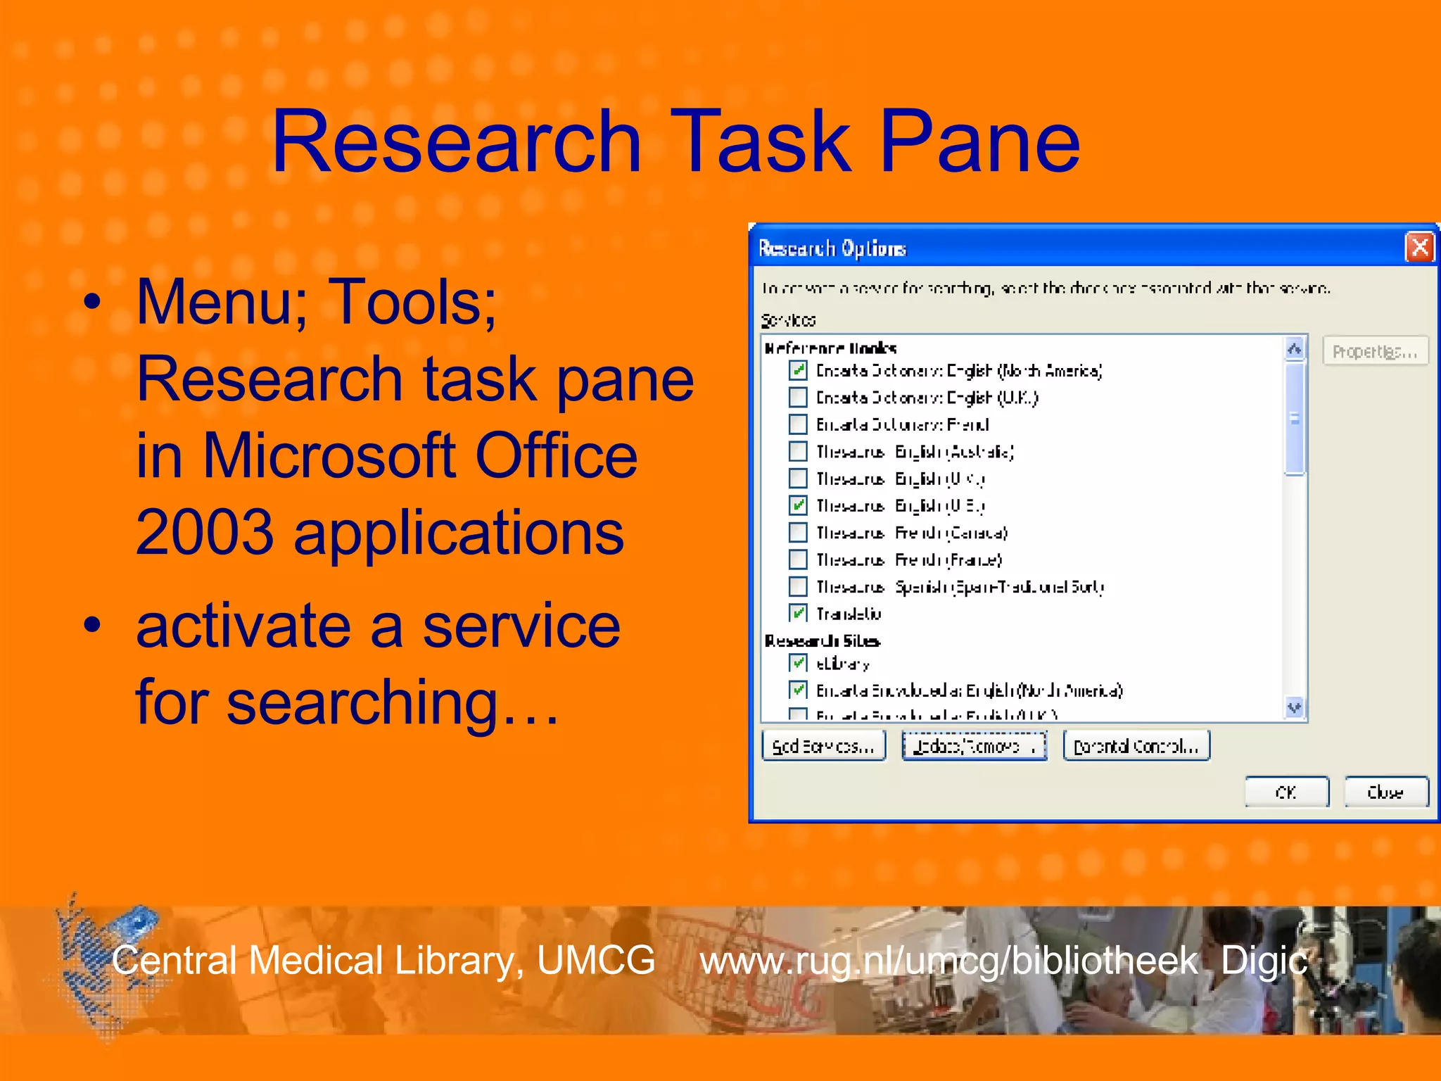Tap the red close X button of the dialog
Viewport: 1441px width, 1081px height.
click(1419, 247)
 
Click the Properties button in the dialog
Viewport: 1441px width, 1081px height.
click(1375, 351)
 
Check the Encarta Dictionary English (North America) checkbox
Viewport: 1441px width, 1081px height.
click(798, 370)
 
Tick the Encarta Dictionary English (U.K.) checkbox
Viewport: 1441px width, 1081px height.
click(798, 398)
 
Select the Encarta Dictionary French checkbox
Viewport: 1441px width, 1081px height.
click(798, 424)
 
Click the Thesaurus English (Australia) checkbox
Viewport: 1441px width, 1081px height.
click(798, 451)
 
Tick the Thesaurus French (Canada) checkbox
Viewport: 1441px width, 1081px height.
click(798, 532)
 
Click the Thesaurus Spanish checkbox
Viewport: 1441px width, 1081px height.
click(798, 586)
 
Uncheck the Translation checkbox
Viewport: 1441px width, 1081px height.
click(798, 613)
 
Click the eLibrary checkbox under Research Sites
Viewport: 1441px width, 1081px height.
click(798, 663)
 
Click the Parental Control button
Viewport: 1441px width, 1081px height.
click(1136, 746)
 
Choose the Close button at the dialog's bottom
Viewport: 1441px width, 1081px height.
click(1385, 792)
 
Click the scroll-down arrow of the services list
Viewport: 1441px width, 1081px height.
click(1295, 707)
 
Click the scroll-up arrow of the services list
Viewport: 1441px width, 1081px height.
click(1295, 348)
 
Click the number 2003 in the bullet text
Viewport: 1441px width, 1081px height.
click(204, 532)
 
